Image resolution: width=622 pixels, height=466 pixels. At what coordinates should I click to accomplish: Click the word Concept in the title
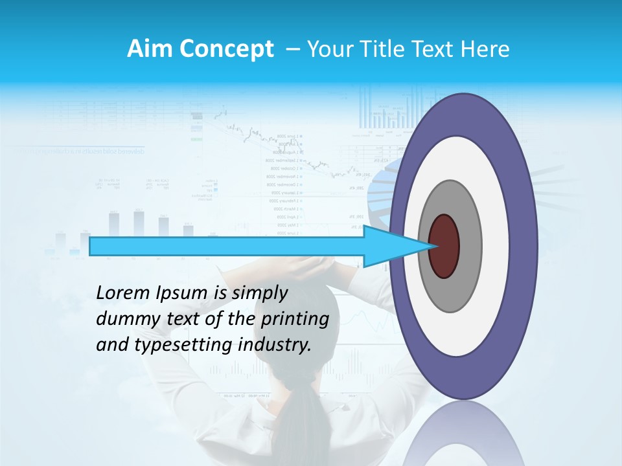point(227,49)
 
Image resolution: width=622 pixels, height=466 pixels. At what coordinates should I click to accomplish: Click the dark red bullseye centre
point(444,246)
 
